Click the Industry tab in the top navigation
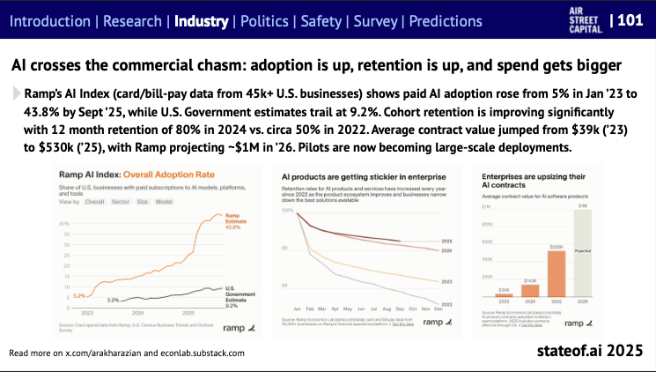click(x=202, y=20)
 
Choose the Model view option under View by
click(x=165, y=201)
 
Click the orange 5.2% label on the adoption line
click(x=80, y=295)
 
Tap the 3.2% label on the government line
click(x=114, y=300)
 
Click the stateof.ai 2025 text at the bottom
click(x=591, y=351)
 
